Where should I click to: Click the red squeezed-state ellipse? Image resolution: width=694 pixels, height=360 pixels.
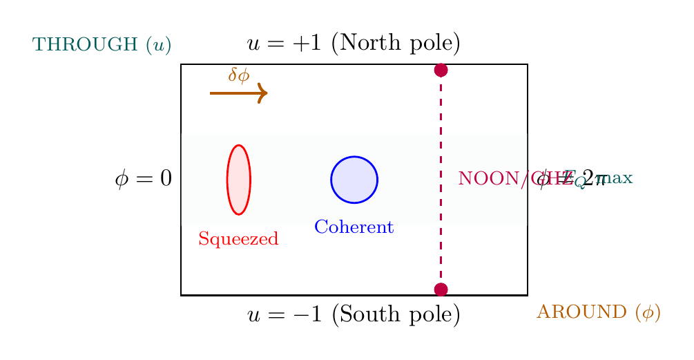(239, 180)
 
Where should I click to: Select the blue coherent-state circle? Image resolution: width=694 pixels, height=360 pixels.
(354, 180)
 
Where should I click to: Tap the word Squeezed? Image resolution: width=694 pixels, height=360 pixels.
(238, 240)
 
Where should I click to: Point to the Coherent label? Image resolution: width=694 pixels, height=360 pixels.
(354, 227)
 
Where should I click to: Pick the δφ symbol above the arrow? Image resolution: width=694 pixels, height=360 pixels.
(239, 75)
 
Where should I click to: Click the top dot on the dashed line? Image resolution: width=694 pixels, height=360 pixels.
(441, 70)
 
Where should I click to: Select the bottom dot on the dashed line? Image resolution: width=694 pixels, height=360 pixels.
(441, 290)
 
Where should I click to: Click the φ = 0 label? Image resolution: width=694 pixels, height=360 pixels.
(144, 180)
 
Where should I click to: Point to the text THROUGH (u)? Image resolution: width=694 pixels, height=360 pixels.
(102, 46)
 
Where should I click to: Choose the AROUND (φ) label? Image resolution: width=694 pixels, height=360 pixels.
(599, 312)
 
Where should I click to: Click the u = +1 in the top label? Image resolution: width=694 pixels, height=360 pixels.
(286, 44)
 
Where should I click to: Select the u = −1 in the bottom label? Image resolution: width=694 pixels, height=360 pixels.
(286, 315)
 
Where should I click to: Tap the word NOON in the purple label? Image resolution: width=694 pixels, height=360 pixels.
(483, 179)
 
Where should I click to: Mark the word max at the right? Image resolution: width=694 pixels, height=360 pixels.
(619, 178)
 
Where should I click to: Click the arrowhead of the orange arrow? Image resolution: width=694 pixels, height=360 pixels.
(262, 93)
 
